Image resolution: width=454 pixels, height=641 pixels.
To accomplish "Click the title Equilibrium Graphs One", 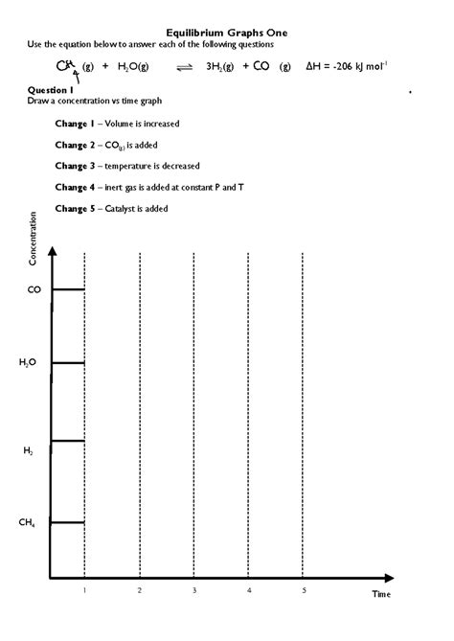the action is pyautogui.click(x=226, y=32).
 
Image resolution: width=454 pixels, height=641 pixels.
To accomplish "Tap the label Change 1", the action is pyautogui.click(x=79, y=124).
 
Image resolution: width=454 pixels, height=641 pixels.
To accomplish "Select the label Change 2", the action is pyautogui.click(x=79, y=145).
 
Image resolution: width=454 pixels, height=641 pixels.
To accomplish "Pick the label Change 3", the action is pyautogui.click(x=79, y=166).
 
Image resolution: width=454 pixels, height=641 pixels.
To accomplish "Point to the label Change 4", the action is pyautogui.click(x=79, y=187).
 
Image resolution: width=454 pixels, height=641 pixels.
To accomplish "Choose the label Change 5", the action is pyautogui.click(x=79, y=208).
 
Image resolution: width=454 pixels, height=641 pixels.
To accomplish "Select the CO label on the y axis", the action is pyautogui.click(x=34, y=288).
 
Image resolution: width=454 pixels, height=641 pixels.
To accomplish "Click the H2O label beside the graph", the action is pyautogui.click(x=29, y=362).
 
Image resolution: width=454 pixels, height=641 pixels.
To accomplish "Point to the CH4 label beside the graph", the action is pyautogui.click(x=29, y=522).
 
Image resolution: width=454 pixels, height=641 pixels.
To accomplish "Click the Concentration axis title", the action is pyautogui.click(x=34, y=244).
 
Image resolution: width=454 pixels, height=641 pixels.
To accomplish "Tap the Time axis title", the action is pyautogui.click(x=381, y=594).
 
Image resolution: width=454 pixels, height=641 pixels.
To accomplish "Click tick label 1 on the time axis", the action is pyautogui.click(x=84, y=590).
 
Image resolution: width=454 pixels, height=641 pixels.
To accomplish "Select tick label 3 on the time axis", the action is pyautogui.click(x=193, y=590).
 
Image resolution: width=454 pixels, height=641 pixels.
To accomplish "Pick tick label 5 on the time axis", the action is pyautogui.click(x=303, y=590).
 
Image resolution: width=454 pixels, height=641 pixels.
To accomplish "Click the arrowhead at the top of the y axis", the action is pyautogui.click(x=52, y=250).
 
